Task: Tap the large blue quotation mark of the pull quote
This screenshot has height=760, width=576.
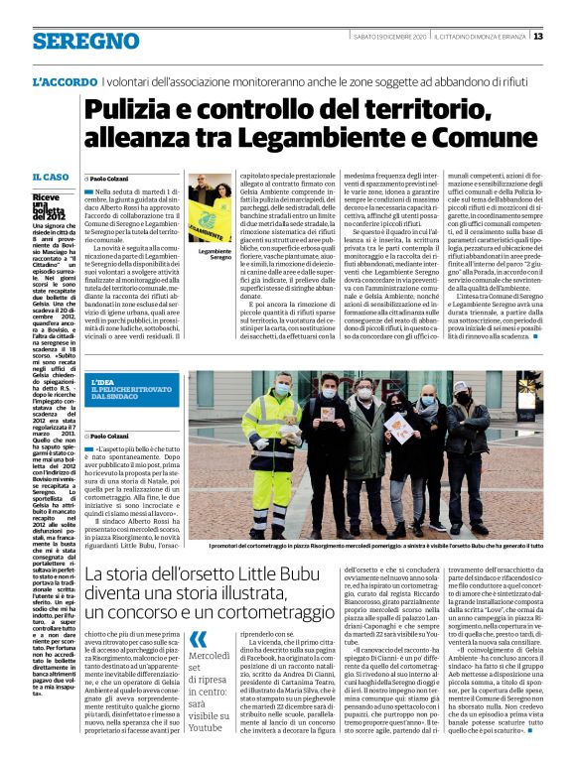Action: [x=199, y=639]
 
